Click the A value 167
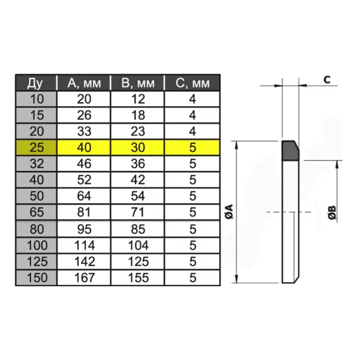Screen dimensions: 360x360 click(x=85, y=277)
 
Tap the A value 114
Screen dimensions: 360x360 click(x=85, y=245)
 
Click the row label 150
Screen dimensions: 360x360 click(x=35, y=277)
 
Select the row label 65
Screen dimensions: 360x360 click(x=35, y=212)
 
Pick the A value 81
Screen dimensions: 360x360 click(x=85, y=212)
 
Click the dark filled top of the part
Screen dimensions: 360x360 click(x=290, y=151)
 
